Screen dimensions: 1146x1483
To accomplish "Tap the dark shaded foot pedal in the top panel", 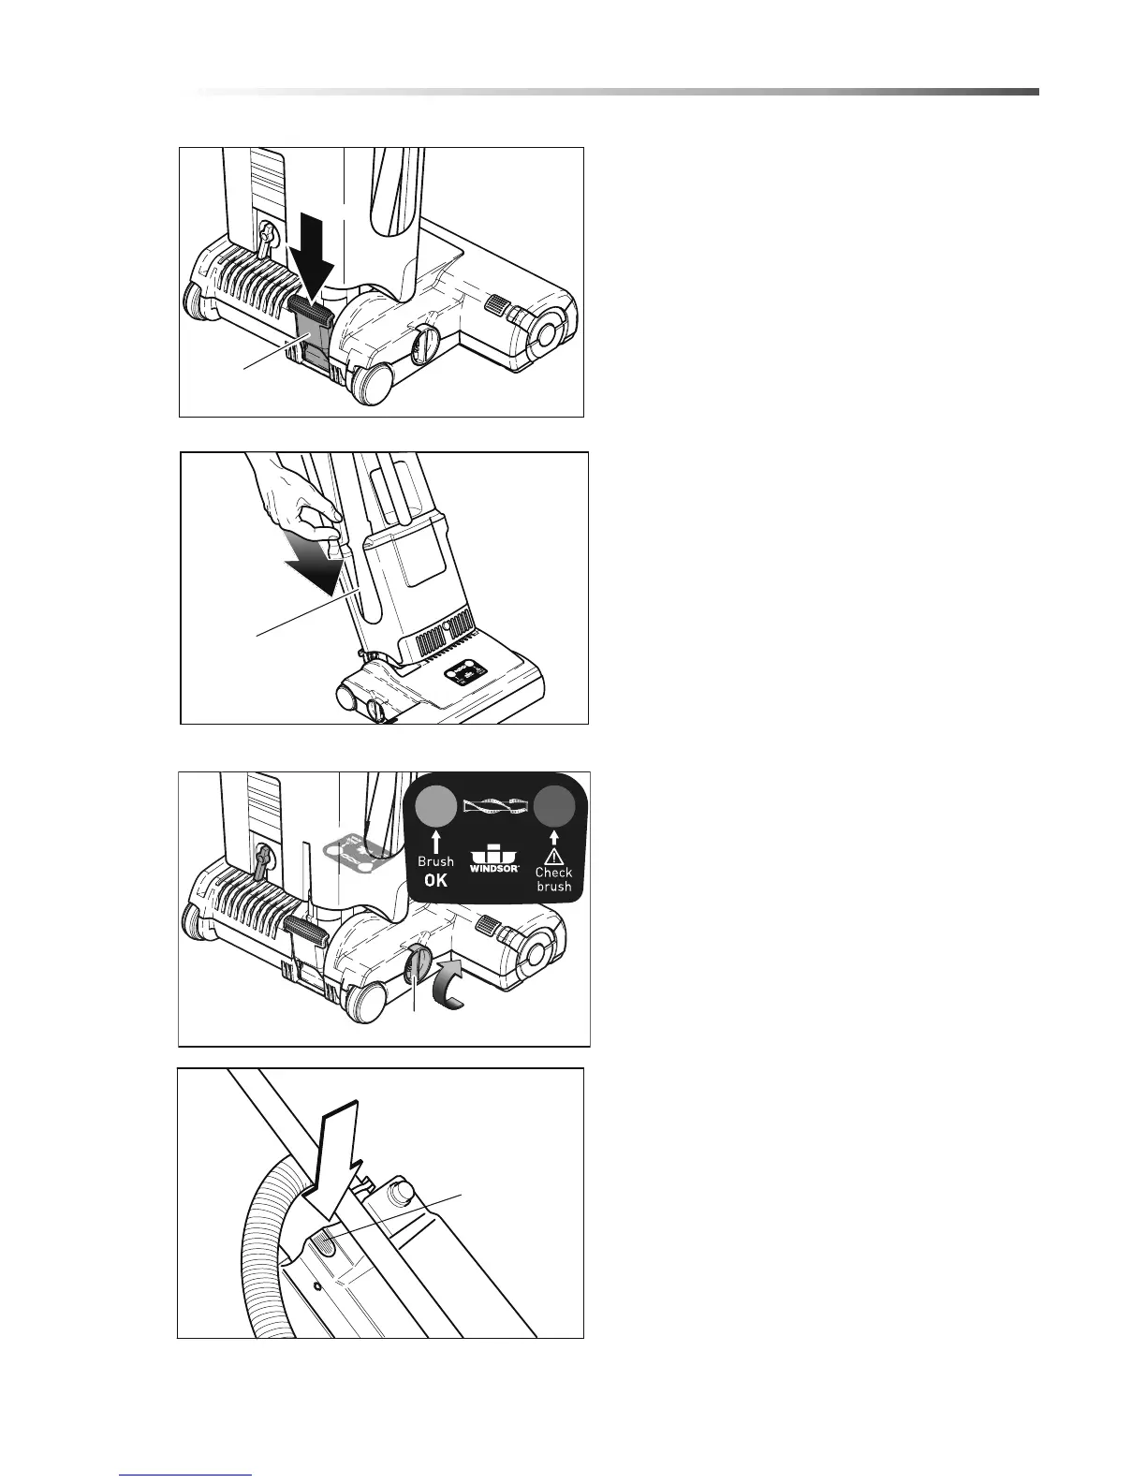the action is (x=313, y=332).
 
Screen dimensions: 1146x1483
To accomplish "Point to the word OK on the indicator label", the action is (x=435, y=880).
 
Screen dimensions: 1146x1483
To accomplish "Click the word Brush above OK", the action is (x=435, y=861).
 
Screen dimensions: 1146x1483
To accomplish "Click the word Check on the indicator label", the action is (x=553, y=872).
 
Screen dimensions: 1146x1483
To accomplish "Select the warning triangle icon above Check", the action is (x=554, y=854).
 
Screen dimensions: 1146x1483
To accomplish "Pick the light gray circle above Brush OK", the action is (x=435, y=804).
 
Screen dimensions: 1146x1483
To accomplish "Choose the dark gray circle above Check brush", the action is (x=554, y=804).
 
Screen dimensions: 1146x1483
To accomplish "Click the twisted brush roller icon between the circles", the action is (x=494, y=805).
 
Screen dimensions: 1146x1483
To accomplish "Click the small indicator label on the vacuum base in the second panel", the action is (x=463, y=672).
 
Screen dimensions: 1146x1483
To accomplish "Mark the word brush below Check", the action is (x=553, y=887).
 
